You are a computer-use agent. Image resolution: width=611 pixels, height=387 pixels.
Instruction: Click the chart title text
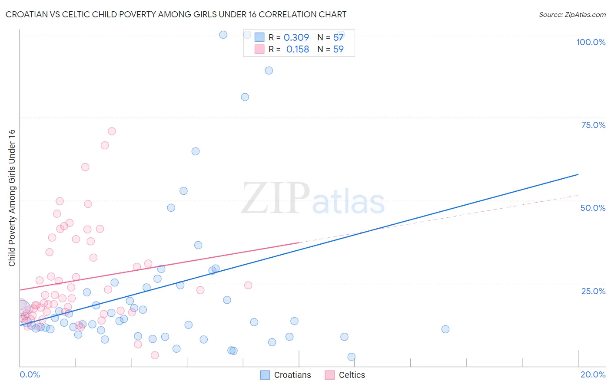[176, 14]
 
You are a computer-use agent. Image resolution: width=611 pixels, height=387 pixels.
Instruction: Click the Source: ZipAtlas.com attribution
[572, 14]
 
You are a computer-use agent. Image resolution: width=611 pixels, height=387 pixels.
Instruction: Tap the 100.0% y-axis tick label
[591, 42]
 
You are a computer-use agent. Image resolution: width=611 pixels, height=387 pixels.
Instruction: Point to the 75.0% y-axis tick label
[593, 125]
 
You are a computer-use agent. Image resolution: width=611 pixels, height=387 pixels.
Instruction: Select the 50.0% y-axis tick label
[593, 208]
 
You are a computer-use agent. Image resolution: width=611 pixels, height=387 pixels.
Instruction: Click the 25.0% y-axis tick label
[593, 291]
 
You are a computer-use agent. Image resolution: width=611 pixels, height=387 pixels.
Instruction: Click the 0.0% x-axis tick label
[30, 374]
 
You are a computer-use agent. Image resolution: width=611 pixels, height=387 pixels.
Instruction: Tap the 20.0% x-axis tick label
[593, 374]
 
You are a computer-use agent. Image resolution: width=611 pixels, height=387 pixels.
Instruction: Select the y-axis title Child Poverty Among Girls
[12, 198]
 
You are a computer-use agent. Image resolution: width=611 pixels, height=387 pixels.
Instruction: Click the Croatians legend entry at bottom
[286, 375]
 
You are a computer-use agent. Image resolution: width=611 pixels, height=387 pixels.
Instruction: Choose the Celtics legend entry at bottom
[345, 375]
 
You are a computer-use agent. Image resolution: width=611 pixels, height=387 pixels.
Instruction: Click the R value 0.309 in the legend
[296, 38]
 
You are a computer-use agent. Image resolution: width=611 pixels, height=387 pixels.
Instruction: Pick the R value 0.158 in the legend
[298, 49]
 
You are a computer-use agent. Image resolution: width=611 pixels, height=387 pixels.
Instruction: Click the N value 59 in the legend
[338, 49]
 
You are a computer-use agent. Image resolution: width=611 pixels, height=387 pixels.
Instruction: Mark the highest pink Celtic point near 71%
[112, 131]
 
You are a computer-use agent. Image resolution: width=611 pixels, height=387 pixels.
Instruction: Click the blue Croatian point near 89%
[269, 70]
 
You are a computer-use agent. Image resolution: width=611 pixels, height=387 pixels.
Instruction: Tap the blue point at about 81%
[245, 97]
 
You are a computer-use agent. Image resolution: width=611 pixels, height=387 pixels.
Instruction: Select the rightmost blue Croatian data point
[445, 329]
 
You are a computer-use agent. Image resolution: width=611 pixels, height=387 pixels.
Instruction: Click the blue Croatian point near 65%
[196, 151]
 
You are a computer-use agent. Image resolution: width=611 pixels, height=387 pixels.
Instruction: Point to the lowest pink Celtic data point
[155, 355]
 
